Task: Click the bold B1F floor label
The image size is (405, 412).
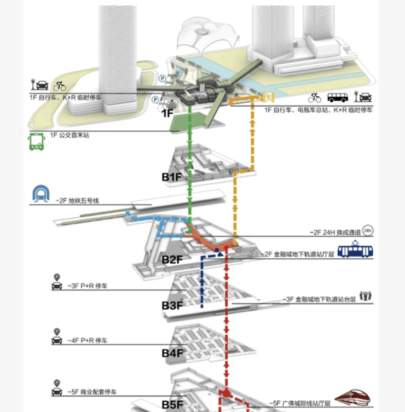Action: pyautogui.click(x=170, y=178)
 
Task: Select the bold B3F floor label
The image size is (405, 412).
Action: pyautogui.click(x=172, y=305)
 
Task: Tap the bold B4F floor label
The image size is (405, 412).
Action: pyautogui.click(x=172, y=353)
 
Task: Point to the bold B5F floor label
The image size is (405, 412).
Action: pyautogui.click(x=172, y=405)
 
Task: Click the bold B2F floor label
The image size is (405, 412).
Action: pyautogui.click(x=171, y=259)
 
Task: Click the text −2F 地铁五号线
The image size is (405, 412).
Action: pyautogui.click(x=77, y=201)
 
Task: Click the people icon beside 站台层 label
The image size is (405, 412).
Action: pyautogui.click(x=366, y=295)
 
